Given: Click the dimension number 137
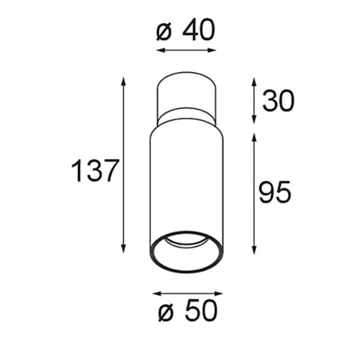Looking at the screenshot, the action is click(95, 171).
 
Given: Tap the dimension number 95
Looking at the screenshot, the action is click(275, 192).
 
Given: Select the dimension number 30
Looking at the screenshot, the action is click(278, 101).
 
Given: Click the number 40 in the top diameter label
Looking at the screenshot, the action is click(199, 30).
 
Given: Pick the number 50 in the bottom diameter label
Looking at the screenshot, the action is click(201, 310).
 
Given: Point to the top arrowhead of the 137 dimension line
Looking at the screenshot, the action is click(124, 82).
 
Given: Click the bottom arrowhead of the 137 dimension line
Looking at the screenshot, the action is click(124, 248).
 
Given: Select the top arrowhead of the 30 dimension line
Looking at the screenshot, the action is click(254, 82).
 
